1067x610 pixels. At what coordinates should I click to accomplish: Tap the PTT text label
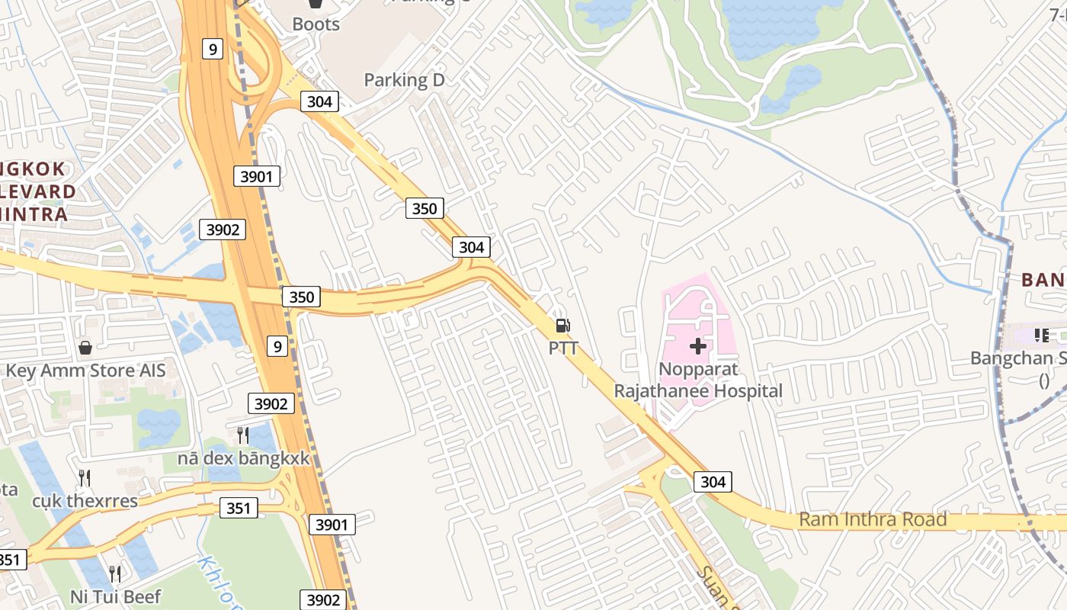point(563,348)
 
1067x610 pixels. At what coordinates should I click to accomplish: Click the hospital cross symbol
point(698,347)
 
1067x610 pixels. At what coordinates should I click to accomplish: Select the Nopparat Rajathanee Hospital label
point(698,380)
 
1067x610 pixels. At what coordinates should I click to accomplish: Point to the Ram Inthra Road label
point(873,520)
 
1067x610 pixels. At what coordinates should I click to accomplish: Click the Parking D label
point(404,80)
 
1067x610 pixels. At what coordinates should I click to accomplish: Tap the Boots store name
point(316,24)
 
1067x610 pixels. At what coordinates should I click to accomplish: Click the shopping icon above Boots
point(316,4)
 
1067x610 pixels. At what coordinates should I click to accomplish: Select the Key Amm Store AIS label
point(85,371)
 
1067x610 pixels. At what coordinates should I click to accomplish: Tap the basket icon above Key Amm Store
point(85,348)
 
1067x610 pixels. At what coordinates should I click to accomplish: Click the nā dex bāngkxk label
point(243,459)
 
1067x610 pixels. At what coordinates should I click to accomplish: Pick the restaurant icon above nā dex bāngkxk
point(243,435)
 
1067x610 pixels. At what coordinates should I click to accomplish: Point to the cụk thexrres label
point(85,501)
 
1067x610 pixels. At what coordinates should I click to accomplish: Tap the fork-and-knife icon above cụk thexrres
point(85,478)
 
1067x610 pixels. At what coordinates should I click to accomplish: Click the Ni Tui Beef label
point(115,596)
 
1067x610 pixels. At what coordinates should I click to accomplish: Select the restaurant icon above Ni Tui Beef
point(115,573)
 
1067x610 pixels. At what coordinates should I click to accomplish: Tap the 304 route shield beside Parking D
point(319,101)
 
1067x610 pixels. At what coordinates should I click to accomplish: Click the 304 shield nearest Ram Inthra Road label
point(713,482)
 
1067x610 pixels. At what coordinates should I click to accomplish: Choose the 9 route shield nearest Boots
point(213,50)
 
